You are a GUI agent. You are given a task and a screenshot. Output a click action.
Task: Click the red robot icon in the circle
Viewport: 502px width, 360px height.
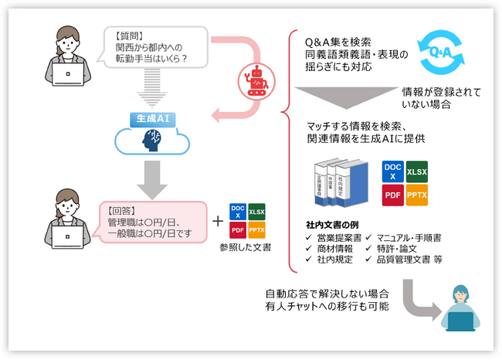(x=256, y=78)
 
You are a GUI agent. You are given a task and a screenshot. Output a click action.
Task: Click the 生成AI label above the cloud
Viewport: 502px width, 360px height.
(x=153, y=119)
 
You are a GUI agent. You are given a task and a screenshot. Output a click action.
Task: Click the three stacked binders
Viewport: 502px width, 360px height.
(x=338, y=183)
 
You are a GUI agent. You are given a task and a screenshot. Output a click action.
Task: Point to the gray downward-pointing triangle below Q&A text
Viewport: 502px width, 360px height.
(x=346, y=98)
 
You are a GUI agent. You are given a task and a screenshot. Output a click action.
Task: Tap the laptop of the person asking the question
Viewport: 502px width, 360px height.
(x=67, y=76)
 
